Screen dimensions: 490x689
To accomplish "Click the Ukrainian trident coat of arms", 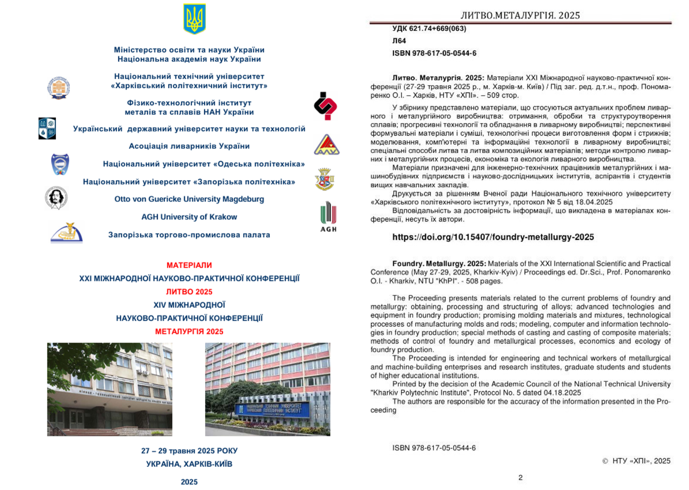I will (x=194, y=19).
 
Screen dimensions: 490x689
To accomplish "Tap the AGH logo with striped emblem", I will (x=328, y=216).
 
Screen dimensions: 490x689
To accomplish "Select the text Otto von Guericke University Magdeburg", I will (x=189, y=199).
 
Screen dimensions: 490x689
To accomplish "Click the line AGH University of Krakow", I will (x=189, y=217).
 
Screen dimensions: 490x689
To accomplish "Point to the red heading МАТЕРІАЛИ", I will (x=189, y=265).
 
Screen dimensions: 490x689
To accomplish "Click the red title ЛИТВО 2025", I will (x=189, y=292).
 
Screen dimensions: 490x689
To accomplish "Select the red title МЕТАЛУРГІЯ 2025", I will (x=189, y=332).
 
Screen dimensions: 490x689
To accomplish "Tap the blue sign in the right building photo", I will (x=272, y=409).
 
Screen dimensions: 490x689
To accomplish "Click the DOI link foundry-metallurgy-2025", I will (x=493, y=237).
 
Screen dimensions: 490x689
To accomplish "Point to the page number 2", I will (x=520, y=477).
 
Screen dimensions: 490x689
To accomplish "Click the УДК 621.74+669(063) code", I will (x=429, y=29).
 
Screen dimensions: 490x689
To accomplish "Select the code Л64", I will (x=399, y=41).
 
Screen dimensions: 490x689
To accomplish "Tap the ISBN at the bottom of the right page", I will (x=434, y=448).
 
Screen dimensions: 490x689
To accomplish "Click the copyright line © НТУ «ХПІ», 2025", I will (x=636, y=461).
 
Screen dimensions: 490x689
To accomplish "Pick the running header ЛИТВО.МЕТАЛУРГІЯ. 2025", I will (x=520, y=15).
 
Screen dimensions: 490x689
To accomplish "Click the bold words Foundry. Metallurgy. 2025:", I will (x=439, y=264).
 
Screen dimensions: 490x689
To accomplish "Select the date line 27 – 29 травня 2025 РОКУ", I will (x=189, y=451).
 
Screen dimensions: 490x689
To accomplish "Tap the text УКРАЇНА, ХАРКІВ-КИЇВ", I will (x=189, y=464).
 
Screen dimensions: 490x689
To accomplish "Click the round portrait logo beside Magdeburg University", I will (x=56, y=198).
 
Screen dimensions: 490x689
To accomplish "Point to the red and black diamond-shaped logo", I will (x=325, y=106).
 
